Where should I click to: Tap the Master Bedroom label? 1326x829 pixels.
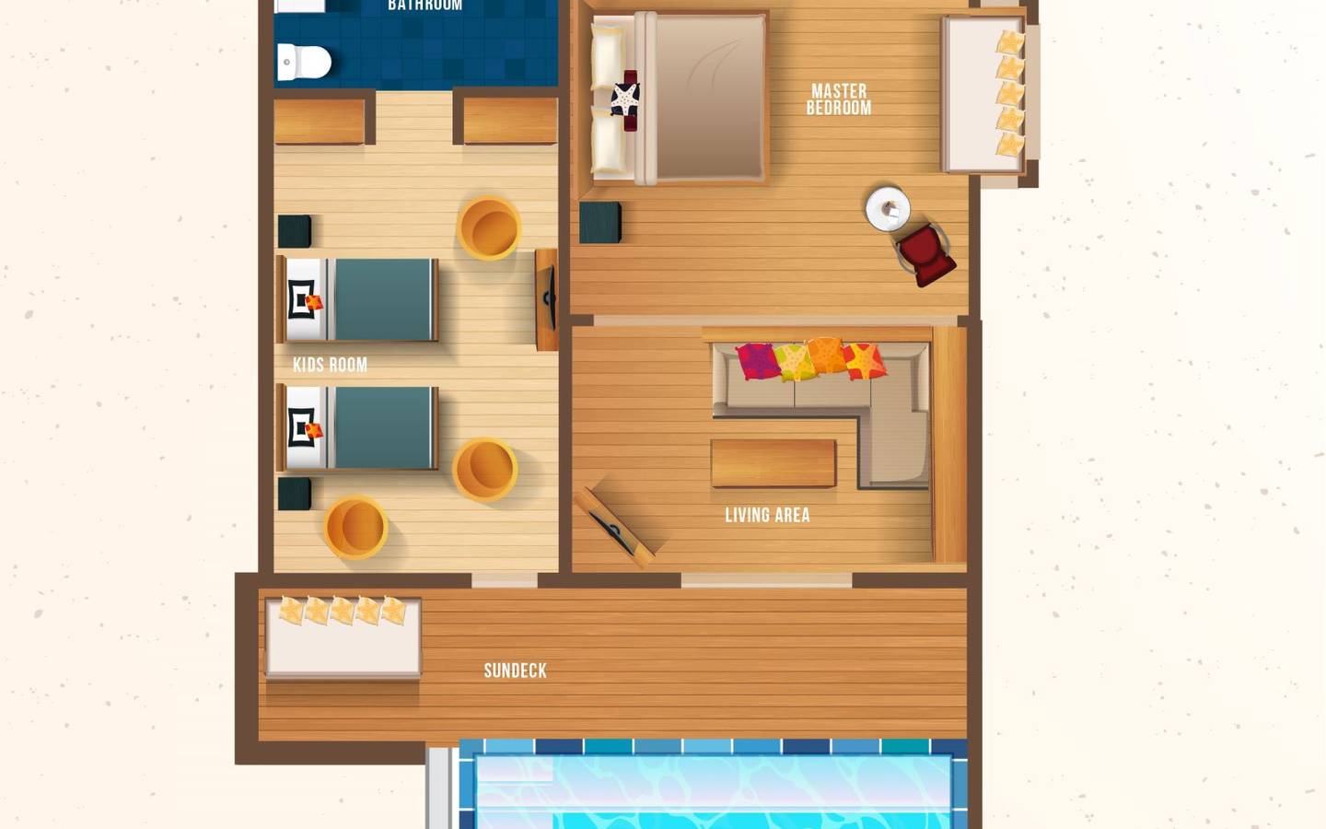pos(838,99)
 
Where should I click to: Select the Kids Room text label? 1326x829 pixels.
pos(330,365)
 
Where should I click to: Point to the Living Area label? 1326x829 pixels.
pos(767,515)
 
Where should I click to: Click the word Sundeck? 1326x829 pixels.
pos(515,671)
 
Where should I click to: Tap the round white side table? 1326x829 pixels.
pos(888,208)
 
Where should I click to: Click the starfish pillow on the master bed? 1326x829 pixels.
pos(626,98)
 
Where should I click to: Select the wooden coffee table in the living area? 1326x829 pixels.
pos(773,462)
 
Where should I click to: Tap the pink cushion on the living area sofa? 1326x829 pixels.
pos(756,361)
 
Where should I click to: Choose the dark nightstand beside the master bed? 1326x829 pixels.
pos(599,223)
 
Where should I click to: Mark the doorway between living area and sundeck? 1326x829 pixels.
pos(766,580)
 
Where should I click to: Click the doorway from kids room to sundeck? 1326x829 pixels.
pos(504,580)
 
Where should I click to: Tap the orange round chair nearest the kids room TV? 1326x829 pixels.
pos(489,228)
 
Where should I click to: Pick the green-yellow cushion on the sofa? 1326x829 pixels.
pos(793,361)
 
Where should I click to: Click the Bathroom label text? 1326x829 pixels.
pos(425,6)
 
